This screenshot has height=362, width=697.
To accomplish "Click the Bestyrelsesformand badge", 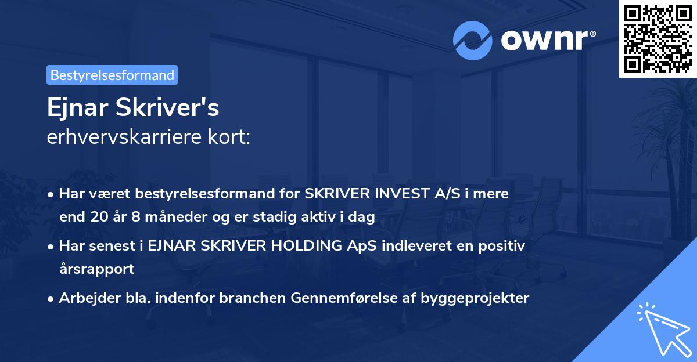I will [x=112, y=75].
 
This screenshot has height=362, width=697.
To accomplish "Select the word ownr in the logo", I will [x=548, y=41].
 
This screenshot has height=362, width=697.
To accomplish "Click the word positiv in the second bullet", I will [x=503, y=246].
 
